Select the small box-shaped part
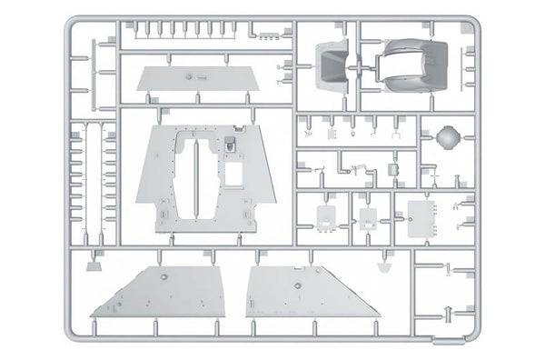coord(392,169)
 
